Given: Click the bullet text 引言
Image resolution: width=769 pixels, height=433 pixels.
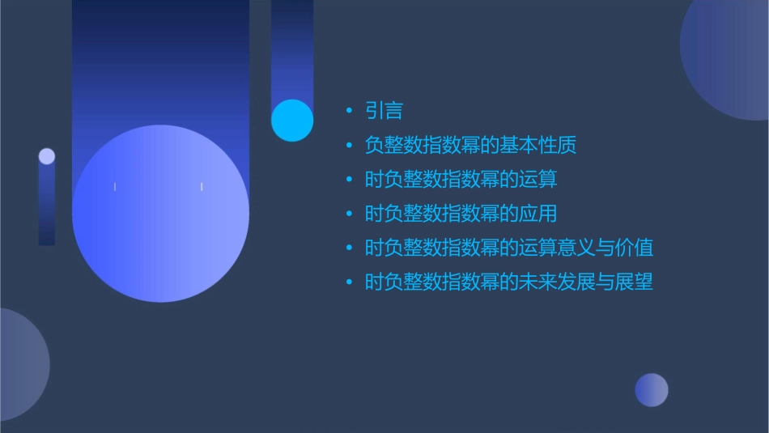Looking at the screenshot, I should click(x=384, y=111).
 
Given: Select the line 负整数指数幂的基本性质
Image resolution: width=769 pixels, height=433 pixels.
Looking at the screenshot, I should click(x=470, y=146).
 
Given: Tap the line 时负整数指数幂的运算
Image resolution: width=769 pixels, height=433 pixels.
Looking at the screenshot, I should click(x=461, y=180).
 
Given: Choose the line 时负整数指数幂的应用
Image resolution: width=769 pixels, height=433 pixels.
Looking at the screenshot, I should click(x=461, y=214).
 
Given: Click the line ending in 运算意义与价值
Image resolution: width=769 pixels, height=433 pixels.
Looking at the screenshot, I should click(x=508, y=248).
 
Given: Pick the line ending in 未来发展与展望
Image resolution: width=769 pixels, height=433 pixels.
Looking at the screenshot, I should click(x=508, y=282).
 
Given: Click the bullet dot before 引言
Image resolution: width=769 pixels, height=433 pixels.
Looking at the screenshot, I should click(x=349, y=111).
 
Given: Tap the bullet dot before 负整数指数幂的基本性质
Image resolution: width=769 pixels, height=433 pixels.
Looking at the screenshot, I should click(x=349, y=146).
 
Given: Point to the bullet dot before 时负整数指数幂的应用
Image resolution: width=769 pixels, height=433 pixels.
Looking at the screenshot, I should click(x=349, y=214).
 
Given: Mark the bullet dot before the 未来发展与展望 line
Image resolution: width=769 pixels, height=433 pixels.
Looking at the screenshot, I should click(x=349, y=282).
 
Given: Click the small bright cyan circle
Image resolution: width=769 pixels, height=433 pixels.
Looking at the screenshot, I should click(x=292, y=121).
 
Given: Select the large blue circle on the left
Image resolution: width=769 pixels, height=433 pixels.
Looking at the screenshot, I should click(x=160, y=214).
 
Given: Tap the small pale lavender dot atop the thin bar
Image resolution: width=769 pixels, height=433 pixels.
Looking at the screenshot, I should click(x=47, y=156).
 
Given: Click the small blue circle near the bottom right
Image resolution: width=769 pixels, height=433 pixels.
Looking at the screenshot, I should click(x=652, y=390).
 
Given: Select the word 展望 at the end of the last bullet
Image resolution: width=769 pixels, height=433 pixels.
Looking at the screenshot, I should click(x=635, y=282).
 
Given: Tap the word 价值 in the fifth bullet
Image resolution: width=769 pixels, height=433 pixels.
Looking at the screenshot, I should click(x=635, y=248).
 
